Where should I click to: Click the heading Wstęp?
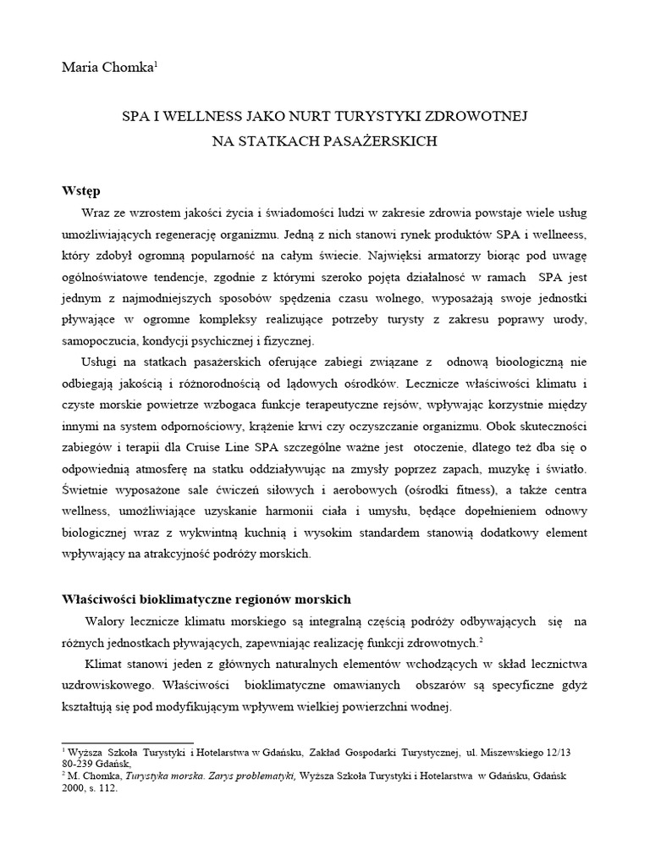(x=81, y=190)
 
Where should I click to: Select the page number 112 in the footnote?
(x=107, y=787)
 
